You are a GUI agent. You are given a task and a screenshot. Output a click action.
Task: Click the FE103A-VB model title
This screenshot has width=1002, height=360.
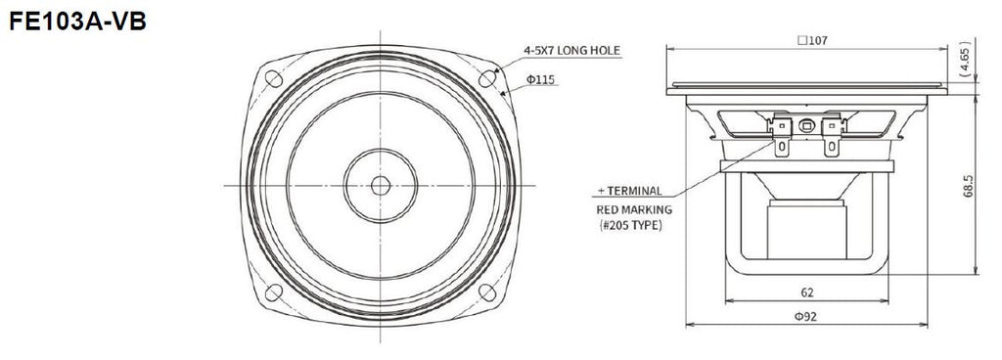tap(78, 22)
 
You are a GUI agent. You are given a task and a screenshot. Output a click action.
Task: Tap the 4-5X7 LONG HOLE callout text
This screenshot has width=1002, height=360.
tap(571, 50)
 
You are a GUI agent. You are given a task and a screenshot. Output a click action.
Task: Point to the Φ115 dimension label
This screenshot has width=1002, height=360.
tap(540, 80)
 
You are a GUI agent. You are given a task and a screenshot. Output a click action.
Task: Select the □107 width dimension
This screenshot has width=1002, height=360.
tap(812, 40)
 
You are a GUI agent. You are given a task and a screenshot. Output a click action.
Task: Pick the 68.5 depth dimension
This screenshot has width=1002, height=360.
tap(968, 186)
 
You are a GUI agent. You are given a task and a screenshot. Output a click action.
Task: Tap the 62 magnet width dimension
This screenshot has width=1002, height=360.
tap(807, 292)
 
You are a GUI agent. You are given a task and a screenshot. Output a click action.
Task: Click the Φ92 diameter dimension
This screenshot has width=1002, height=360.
tap(806, 316)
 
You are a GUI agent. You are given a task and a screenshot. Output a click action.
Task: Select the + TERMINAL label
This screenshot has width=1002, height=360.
tap(630, 190)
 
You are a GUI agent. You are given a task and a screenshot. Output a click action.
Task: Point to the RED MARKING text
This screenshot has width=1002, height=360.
tap(634, 209)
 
